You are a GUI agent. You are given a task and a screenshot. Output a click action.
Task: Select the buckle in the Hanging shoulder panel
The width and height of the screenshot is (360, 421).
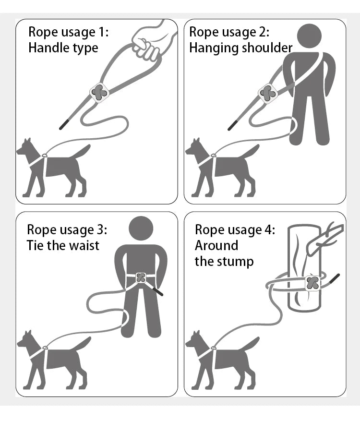pyautogui.click(x=267, y=94)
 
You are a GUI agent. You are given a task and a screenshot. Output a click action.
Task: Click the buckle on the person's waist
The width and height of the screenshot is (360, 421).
pyautogui.click(x=141, y=278)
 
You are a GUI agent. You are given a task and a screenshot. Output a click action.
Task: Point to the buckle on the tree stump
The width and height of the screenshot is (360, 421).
pyautogui.click(x=312, y=283)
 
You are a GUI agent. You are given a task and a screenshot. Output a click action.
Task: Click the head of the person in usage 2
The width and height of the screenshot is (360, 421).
pyautogui.click(x=309, y=38)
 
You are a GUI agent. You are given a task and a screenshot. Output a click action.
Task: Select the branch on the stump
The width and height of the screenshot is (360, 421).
pyautogui.click(x=326, y=238)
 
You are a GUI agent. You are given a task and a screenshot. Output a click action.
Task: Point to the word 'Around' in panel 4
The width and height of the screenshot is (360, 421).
pyautogui.click(x=216, y=245)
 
